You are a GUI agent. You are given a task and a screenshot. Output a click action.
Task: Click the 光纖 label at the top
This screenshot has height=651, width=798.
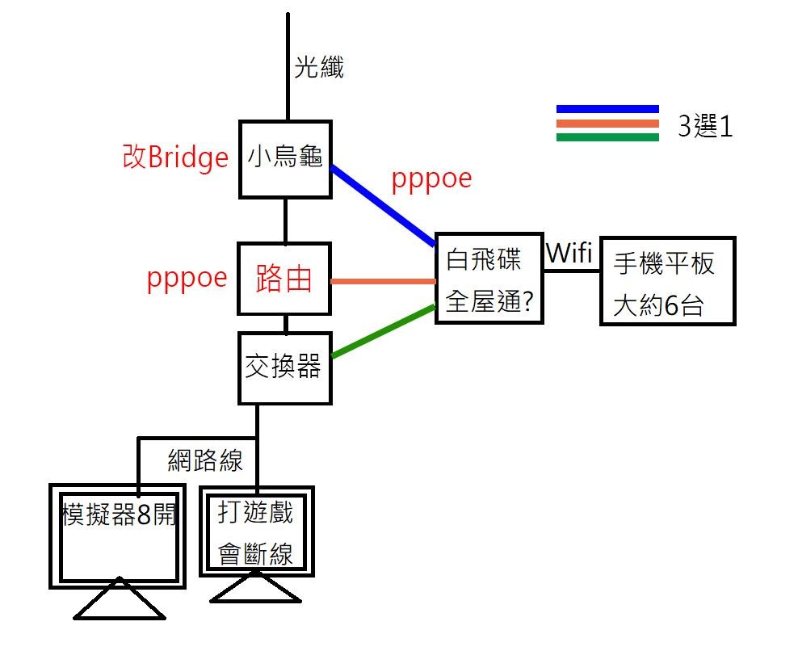318,68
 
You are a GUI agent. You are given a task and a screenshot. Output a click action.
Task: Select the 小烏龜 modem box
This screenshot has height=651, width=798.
285,158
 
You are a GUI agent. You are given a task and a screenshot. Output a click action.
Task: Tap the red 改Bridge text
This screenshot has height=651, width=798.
175,157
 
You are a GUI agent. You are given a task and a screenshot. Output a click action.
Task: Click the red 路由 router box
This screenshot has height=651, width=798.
284,279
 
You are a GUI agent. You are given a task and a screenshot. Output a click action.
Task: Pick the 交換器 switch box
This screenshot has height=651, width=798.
284,367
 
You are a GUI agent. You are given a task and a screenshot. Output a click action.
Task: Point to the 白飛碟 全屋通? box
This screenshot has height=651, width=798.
487,279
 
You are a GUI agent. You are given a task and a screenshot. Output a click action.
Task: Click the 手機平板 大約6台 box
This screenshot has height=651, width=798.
667,281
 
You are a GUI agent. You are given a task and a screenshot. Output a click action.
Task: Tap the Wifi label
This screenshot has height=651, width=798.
569,253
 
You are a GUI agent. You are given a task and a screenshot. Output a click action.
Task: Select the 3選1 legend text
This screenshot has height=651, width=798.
705,128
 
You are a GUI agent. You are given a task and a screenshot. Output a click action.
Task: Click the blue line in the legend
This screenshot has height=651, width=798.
607,109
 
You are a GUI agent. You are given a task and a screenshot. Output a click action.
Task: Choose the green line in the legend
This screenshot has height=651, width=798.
607,136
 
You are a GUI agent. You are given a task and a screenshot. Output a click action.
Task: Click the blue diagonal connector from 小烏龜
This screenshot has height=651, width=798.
383,205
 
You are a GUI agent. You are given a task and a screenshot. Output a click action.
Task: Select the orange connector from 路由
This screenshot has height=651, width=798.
383,282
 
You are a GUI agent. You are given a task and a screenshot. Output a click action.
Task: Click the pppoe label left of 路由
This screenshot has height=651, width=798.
187,278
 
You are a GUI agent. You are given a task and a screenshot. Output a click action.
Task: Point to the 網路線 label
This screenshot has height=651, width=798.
205,460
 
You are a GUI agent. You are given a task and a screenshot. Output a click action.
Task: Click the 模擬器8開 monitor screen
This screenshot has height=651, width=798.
119,533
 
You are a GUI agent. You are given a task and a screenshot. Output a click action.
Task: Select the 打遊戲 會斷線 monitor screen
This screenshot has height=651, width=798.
255,531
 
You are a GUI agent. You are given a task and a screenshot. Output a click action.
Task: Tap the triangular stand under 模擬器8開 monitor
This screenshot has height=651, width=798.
120,601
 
